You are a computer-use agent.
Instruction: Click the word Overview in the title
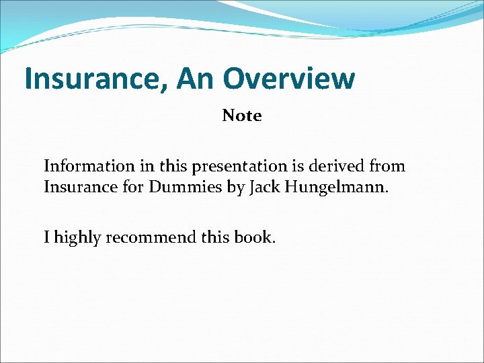click(x=289, y=79)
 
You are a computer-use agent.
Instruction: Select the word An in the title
click(x=195, y=79)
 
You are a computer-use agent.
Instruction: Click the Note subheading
click(x=242, y=116)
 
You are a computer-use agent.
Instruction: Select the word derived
click(x=340, y=165)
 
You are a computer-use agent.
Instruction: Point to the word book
click(x=255, y=237)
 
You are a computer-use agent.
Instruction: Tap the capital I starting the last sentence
click(x=46, y=237)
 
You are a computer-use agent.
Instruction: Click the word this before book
click(x=215, y=237)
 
